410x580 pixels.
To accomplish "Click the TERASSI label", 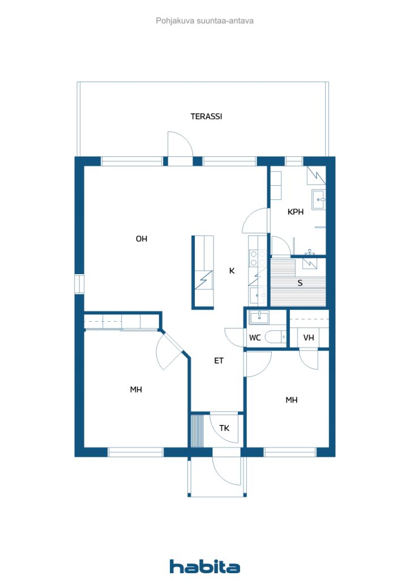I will [x=206, y=117].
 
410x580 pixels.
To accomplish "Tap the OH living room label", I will [x=141, y=239].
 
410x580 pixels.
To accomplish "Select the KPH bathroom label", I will [x=295, y=212].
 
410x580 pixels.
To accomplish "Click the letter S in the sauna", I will [x=300, y=283].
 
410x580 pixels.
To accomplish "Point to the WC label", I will [x=255, y=338].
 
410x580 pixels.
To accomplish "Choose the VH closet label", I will [x=308, y=338].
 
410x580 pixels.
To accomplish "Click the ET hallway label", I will [x=219, y=360].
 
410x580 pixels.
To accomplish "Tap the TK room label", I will [x=224, y=428].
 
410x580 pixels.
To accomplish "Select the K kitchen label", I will [x=232, y=271].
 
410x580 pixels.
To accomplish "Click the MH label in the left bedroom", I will [x=136, y=390].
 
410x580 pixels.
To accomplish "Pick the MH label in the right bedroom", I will [x=291, y=400].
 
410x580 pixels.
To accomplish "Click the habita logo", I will [x=204, y=566].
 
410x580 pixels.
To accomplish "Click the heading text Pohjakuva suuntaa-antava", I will [x=204, y=21].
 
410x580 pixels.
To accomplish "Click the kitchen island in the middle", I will [x=203, y=271].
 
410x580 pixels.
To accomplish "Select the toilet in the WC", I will [x=276, y=338].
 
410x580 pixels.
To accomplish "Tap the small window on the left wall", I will [x=79, y=284].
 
